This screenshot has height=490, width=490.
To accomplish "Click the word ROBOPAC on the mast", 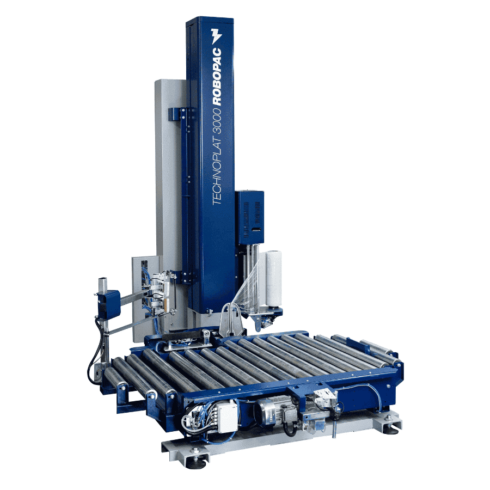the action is pos(217,76).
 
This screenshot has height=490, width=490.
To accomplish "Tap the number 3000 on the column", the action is pos(217,125).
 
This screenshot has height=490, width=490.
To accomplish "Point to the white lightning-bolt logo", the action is pos(216,35).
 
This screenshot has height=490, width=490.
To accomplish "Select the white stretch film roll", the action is pos(274,278).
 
